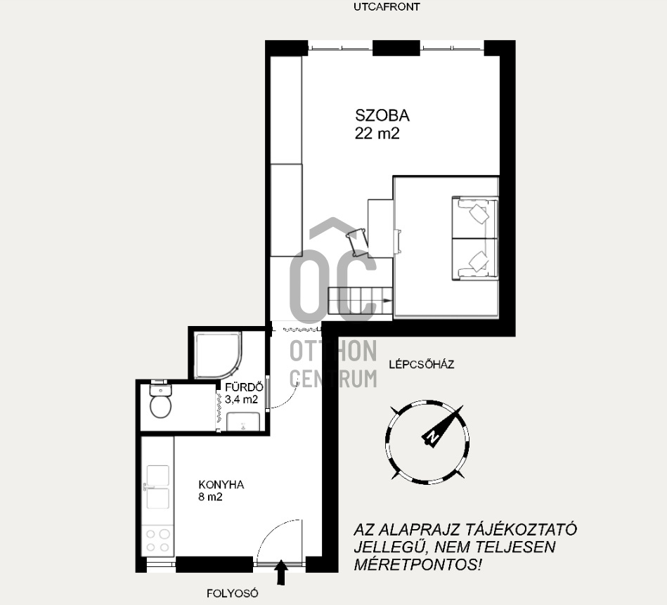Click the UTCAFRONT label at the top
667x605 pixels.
(387, 7)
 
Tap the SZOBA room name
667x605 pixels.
(382, 115)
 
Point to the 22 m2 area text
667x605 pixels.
(377, 134)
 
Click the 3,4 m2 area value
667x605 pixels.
(241, 400)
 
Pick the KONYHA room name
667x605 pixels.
(221, 485)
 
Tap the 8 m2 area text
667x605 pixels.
(210, 497)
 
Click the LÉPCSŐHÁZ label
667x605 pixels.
(422, 365)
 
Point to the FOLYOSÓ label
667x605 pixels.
(232, 594)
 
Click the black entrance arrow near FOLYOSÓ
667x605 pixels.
(280, 573)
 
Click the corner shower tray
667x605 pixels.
(218, 355)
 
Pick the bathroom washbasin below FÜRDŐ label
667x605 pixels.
(243, 422)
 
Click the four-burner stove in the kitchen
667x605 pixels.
(158, 541)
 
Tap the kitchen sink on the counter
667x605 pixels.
(158, 487)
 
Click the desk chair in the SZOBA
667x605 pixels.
(356, 242)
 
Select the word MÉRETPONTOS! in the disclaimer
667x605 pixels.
(417, 565)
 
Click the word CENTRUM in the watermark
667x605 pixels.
(333, 379)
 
